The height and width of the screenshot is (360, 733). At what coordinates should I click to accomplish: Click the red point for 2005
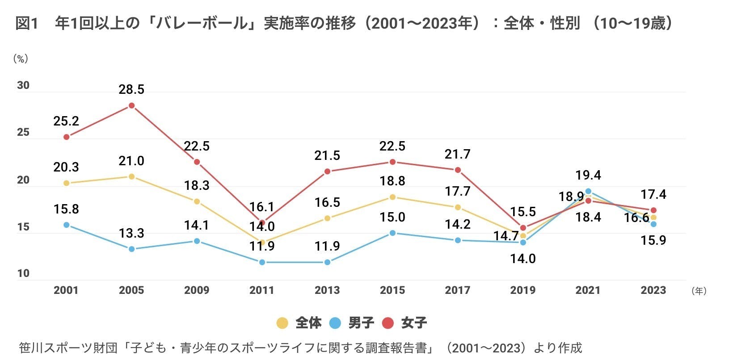pos(131,106)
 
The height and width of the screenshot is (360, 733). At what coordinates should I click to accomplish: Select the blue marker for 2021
pos(588,191)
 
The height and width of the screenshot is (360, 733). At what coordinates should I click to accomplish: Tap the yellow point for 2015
pos(392,197)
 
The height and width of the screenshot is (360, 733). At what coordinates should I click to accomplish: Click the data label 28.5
pos(131,90)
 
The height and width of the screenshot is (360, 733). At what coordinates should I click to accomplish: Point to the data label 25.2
pos(66,121)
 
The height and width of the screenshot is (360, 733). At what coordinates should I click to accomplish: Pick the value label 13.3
pos(131,233)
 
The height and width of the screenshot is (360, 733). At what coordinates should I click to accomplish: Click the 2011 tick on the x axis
pos(262,290)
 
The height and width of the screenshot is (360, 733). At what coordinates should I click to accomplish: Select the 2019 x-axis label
pos(523,290)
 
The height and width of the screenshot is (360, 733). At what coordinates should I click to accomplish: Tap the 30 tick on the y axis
pos(23,85)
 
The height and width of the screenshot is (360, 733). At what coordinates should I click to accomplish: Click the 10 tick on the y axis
pos(23,273)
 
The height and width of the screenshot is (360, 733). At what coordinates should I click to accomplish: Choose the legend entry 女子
pos(414,323)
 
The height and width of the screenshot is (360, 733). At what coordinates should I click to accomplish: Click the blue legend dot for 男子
pos(335,323)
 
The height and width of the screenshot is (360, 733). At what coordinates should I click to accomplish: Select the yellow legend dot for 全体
pos(282,323)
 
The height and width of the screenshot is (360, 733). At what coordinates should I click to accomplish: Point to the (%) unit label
pos(21,59)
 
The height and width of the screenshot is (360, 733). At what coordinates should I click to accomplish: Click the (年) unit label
pos(699,291)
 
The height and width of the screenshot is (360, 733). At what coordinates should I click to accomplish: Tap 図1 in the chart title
pos(27,23)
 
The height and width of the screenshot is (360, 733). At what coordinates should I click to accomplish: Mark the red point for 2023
pos(653,210)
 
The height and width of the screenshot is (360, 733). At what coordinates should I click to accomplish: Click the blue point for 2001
pos(66,225)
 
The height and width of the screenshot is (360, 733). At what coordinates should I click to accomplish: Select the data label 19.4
pos(588,175)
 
